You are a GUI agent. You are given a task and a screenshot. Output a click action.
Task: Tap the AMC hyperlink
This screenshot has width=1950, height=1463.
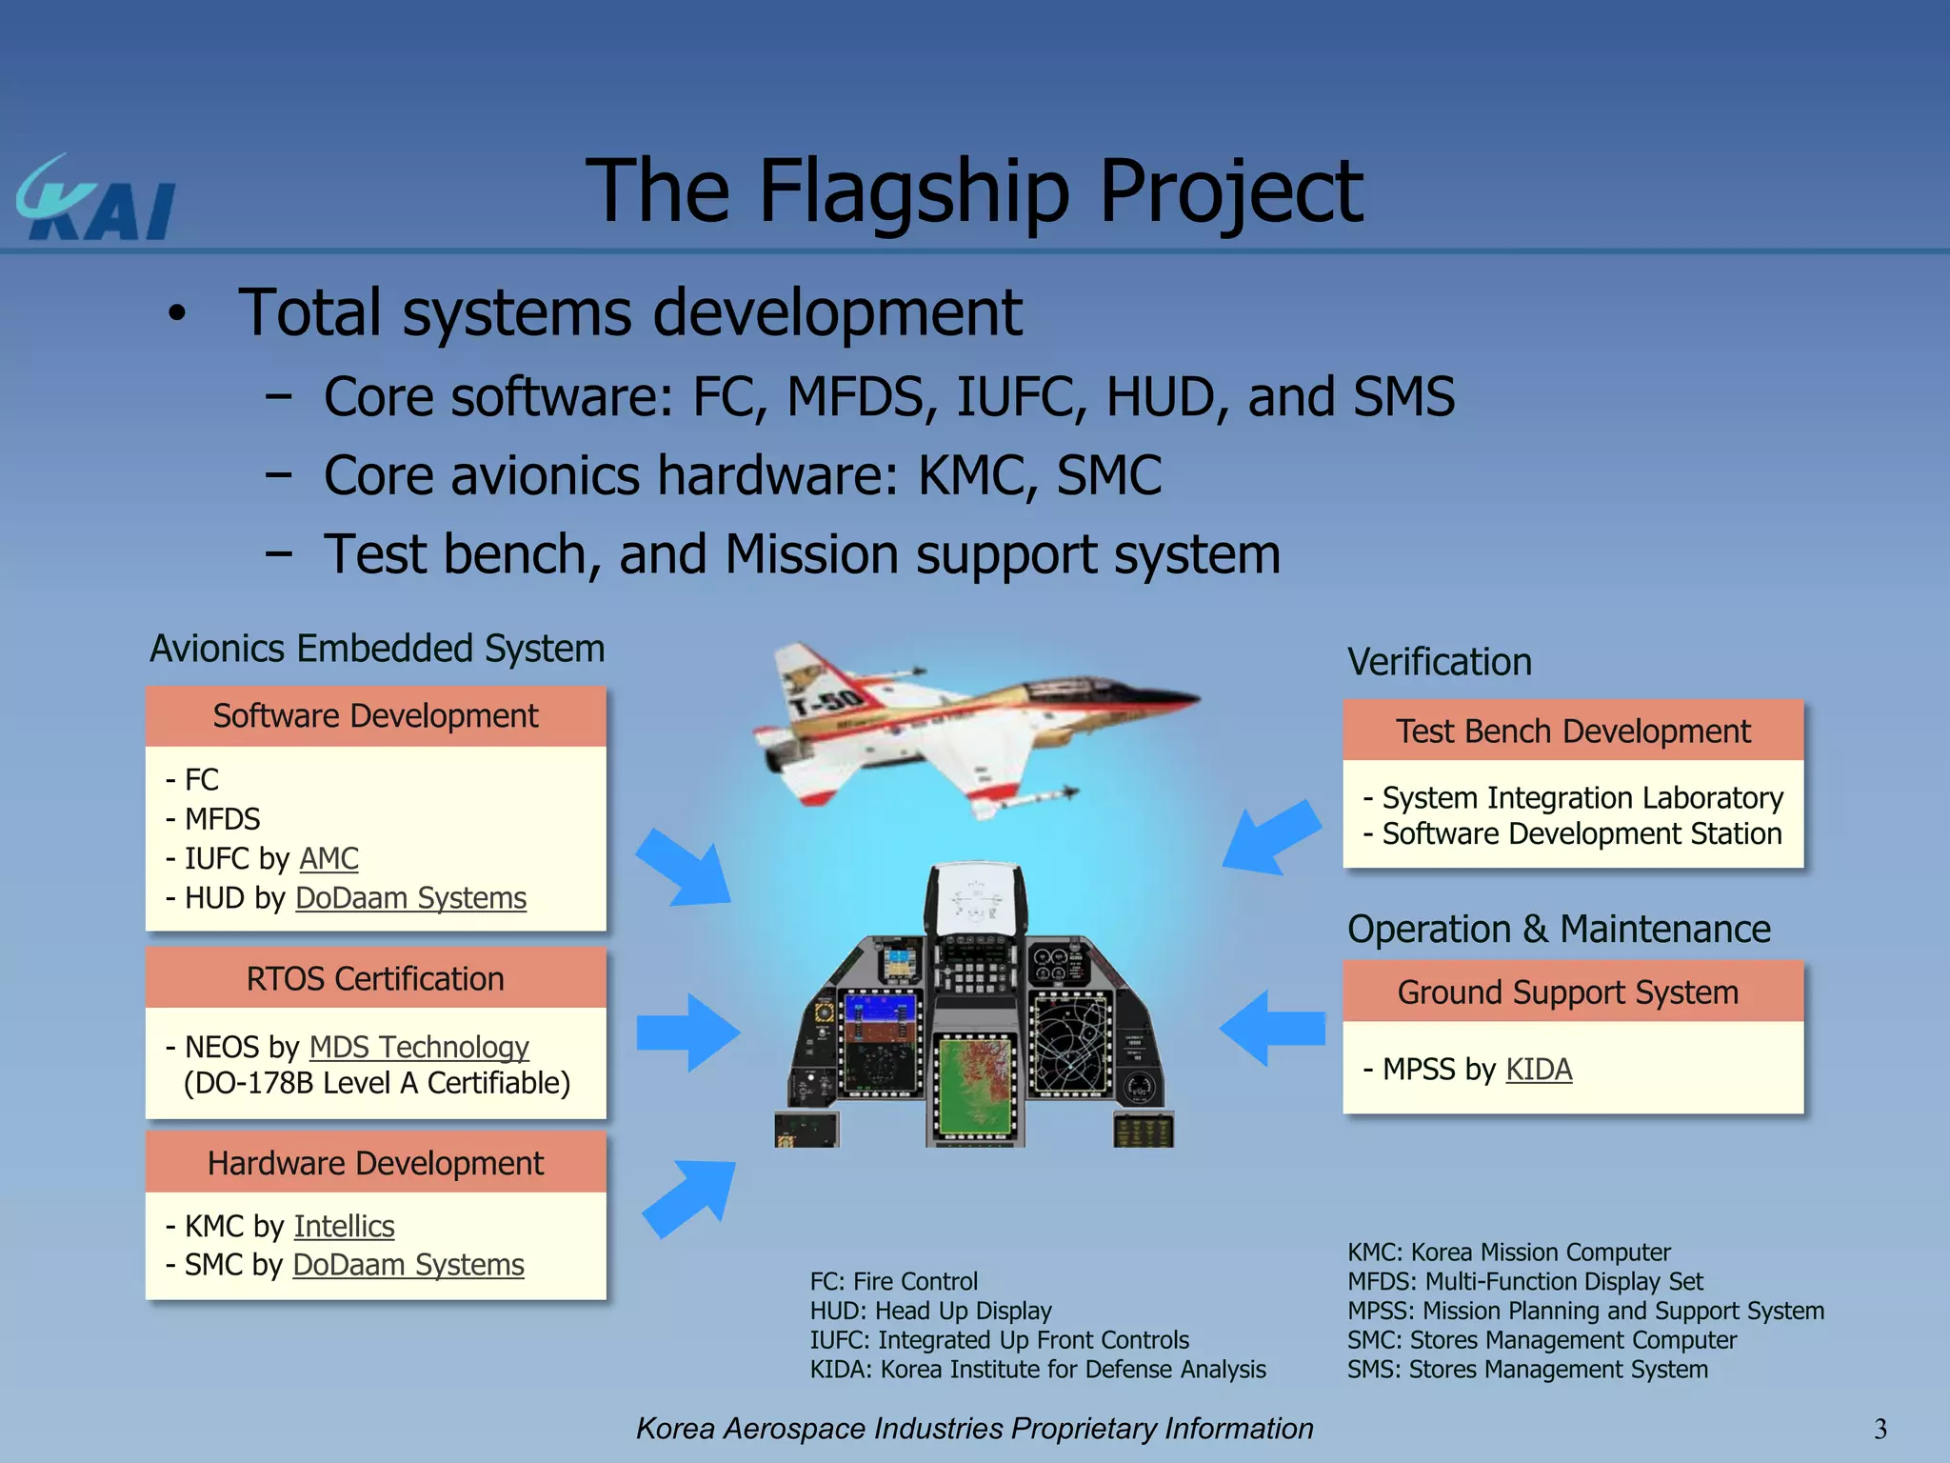(328, 858)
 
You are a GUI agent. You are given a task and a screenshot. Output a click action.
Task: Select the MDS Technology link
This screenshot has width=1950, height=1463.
(419, 1047)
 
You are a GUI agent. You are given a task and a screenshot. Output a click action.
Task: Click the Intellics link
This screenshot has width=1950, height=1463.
(344, 1226)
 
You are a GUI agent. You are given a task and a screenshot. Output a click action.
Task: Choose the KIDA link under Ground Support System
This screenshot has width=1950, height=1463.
(1538, 1069)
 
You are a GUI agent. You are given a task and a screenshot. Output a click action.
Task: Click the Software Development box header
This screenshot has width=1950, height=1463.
(375, 716)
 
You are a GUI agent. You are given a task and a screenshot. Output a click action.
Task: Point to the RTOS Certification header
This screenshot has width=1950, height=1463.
(375, 978)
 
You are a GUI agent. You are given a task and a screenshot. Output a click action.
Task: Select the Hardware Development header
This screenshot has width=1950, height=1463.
(375, 1163)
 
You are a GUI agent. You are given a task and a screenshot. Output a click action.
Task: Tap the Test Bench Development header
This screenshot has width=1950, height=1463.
(1573, 731)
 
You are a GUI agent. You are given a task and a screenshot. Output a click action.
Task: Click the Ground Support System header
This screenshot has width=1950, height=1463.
(1568, 992)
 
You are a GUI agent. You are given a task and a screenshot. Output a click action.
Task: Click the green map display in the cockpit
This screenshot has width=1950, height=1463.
(975, 1087)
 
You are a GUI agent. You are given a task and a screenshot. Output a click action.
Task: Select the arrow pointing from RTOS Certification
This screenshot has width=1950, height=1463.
(687, 1032)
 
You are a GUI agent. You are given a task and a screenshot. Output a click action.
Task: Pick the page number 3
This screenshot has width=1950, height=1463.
(1880, 1428)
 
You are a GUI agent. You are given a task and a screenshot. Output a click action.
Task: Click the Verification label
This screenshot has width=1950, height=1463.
(1439, 662)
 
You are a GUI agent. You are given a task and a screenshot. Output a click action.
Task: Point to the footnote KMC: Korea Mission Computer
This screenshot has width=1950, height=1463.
(1508, 1252)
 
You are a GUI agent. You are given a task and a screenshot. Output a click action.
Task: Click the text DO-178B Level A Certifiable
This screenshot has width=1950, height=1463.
(377, 1083)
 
